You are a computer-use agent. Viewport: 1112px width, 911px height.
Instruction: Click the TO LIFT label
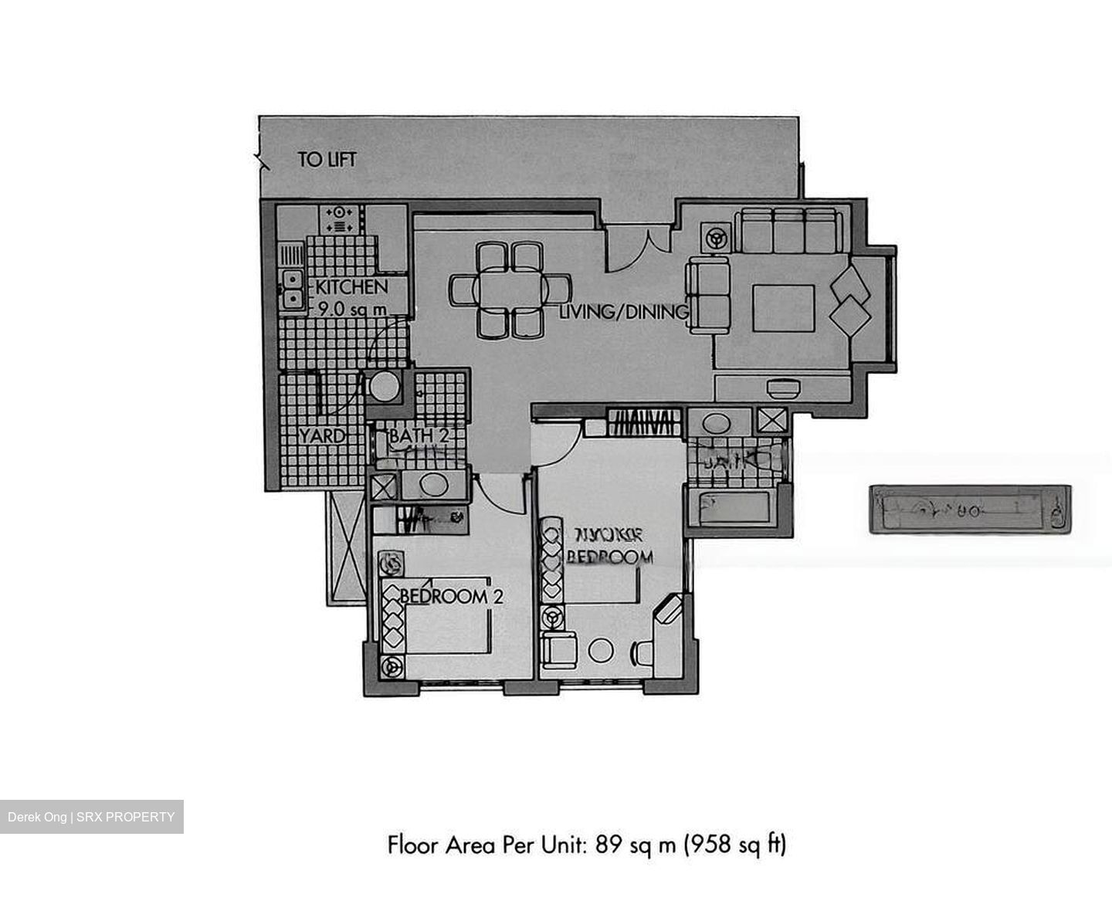(x=327, y=160)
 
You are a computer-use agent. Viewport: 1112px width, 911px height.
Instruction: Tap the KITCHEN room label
(x=351, y=287)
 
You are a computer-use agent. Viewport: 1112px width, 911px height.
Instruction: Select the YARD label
(x=321, y=436)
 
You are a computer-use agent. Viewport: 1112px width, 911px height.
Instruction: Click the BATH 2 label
(x=419, y=436)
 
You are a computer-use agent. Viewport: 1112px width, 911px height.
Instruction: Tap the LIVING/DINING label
(x=623, y=312)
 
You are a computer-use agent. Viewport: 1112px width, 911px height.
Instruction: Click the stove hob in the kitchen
(x=340, y=218)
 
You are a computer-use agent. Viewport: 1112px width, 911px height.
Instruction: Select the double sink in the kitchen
(x=292, y=288)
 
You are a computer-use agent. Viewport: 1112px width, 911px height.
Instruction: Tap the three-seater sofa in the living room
(x=788, y=230)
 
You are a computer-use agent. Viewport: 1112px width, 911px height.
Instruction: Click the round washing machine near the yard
(x=382, y=387)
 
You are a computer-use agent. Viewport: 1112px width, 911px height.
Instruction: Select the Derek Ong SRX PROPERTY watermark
(x=91, y=817)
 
